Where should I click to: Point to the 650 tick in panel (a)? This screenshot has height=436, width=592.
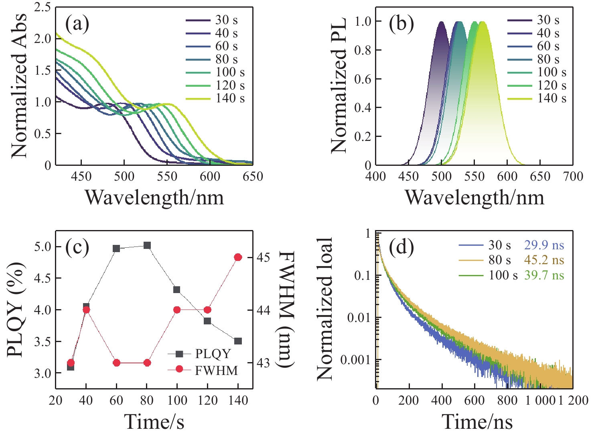pos(253,177)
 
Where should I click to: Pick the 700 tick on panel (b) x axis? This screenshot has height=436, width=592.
pos(573,177)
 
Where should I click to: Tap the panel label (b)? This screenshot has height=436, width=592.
pos(401,24)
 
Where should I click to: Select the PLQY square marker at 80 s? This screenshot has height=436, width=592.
pos(147,245)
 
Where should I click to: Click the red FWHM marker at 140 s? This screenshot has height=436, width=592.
pos(238,257)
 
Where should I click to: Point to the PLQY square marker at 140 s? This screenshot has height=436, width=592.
pos(238,341)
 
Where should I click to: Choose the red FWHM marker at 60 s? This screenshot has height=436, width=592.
pos(117,363)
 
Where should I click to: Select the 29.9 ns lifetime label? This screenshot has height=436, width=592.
pos(544,245)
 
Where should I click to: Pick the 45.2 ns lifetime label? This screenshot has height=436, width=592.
pos(544,260)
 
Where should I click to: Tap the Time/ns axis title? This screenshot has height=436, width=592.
pos(477,422)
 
